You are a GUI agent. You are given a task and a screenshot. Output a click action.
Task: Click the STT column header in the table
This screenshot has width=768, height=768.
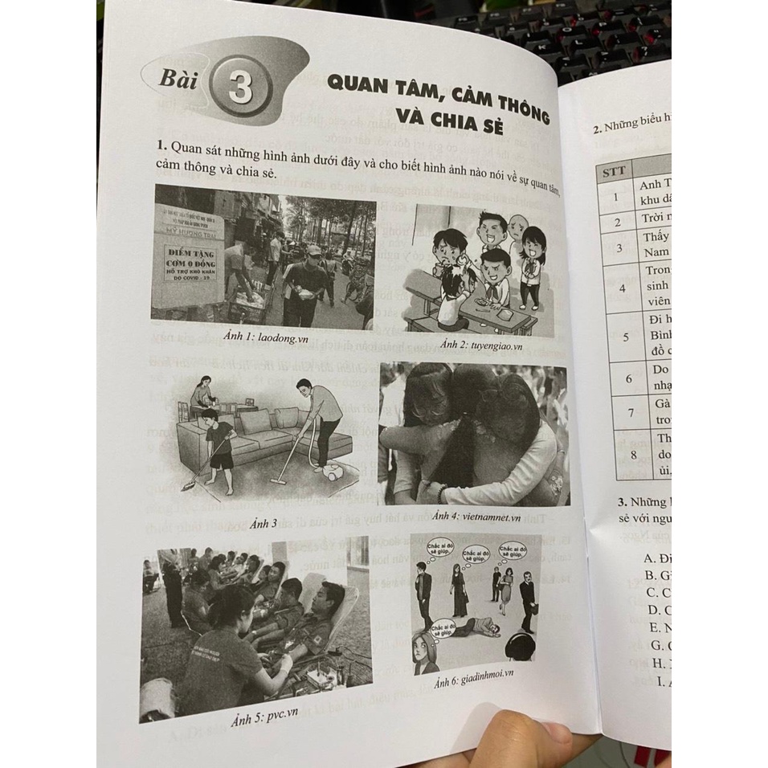(x=616, y=170)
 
